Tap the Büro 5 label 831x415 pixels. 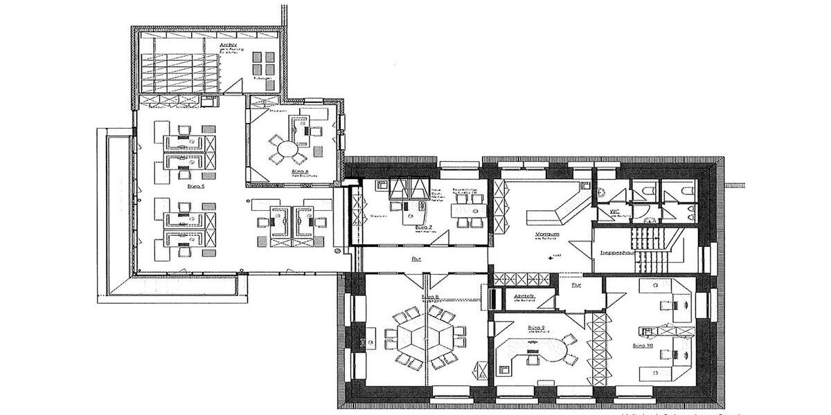(x=196, y=186)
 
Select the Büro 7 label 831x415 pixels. (x=424, y=227)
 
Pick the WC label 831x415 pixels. (x=614, y=212)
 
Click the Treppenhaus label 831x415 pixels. (x=618, y=252)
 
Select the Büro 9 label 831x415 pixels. (x=536, y=327)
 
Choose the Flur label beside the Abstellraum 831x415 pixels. (x=575, y=284)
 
